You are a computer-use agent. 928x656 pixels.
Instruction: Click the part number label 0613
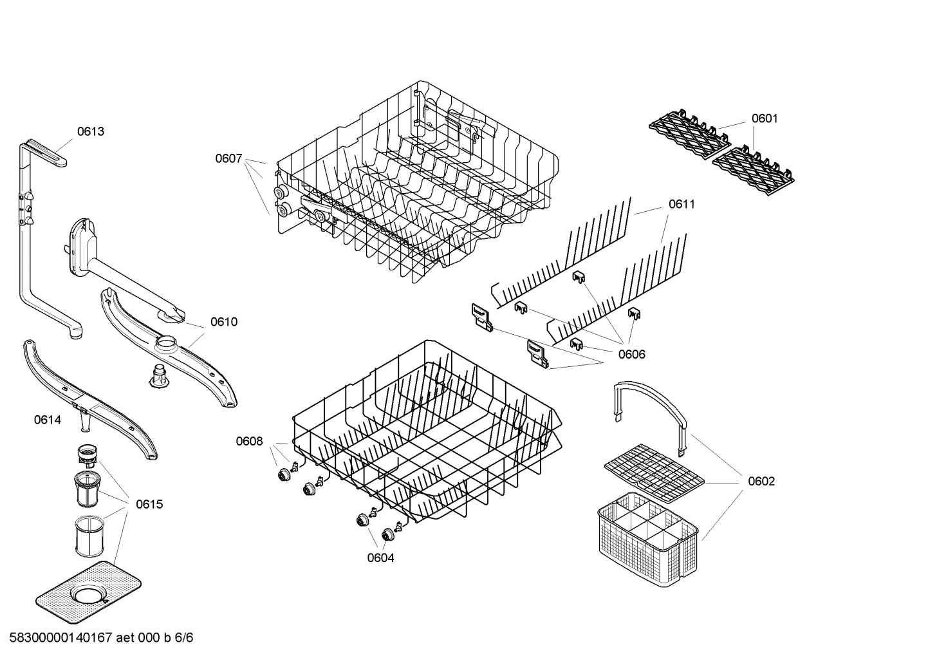(91, 131)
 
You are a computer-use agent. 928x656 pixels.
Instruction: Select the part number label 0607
(228, 158)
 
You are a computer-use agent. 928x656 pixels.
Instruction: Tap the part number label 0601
(765, 118)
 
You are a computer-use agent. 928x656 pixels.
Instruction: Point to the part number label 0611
(682, 204)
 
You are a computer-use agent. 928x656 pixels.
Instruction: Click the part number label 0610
(223, 322)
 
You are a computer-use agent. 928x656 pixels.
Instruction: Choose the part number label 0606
(631, 354)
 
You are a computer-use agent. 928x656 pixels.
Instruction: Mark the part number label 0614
(48, 420)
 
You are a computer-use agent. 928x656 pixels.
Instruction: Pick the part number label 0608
(249, 441)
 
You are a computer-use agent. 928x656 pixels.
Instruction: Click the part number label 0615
(149, 504)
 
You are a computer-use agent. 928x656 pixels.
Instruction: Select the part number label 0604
(380, 558)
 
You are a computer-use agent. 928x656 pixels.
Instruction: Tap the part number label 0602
(761, 482)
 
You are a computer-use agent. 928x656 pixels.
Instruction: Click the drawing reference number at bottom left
(97, 638)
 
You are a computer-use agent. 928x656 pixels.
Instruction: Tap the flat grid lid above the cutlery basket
(654, 474)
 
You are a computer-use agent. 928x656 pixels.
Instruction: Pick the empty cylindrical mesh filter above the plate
(87, 535)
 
